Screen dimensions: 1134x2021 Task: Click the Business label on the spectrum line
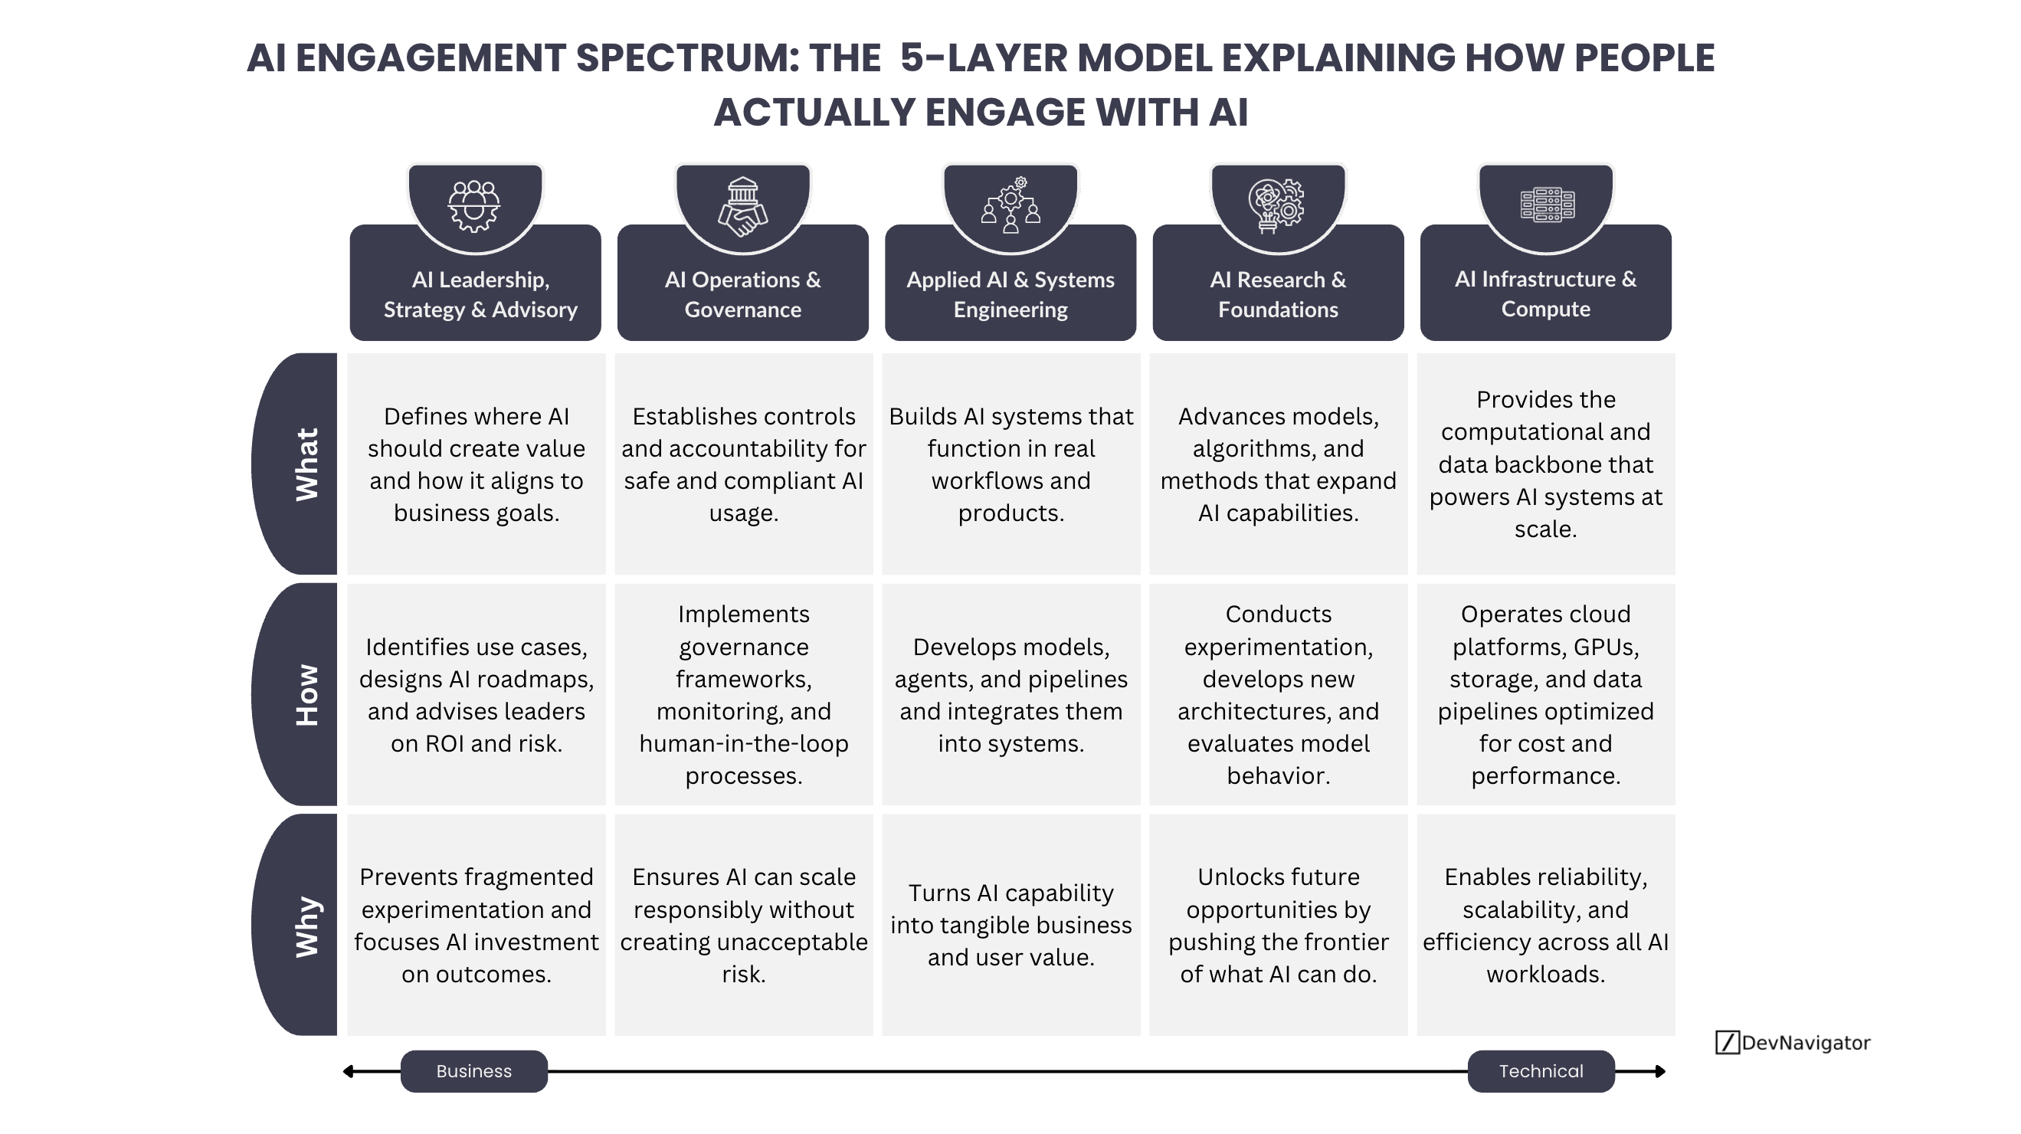click(x=474, y=1071)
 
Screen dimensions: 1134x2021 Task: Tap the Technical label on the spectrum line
click(x=1541, y=1071)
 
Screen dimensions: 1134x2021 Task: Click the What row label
click(x=306, y=464)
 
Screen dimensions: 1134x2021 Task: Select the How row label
click(x=306, y=694)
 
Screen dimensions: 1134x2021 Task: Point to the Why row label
click(x=306, y=926)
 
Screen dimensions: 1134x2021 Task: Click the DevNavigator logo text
click(x=1805, y=1042)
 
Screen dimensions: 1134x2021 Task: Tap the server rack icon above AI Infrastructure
click(x=1546, y=205)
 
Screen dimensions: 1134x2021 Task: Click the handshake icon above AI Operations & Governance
click(x=742, y=207)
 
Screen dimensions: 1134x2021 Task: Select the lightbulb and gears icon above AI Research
click(x=1277, y=206)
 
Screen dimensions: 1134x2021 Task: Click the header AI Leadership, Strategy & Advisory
click(x=480, y=294)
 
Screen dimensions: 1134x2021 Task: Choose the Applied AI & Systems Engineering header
click(x=1010, y=294)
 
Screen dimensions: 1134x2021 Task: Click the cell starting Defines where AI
click(x=477, y=464)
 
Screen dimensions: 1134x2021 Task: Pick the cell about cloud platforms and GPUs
click(x=1545, y=694)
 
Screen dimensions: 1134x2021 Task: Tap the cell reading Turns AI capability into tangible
click(x=1010, y=926)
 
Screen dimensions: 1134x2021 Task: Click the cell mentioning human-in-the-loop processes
click(x=743, y=694)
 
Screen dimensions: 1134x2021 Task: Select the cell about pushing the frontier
click(x=1278, y=926)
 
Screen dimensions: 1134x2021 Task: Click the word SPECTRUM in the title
click(x=687, y=58)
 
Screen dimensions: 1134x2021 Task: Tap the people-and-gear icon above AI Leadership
click(x=474, y=206)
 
